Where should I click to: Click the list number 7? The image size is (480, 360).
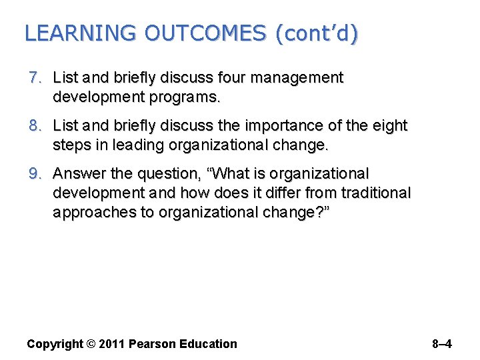point(35,78)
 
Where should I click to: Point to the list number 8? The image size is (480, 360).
point(35,126)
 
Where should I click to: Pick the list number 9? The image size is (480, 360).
point(35,174)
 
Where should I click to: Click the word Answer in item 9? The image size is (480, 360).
point(81,174)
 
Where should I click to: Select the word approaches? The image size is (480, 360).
point(91,212)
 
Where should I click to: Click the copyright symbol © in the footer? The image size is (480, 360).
point(91,344)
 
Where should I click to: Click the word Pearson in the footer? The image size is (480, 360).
point(153,344)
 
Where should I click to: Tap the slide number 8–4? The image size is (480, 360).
point(441,344)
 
